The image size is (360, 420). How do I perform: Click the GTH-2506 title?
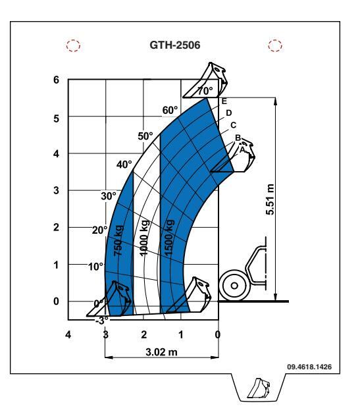click(x=175, y=45)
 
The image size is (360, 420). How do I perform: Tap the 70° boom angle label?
click(x=205, y=91)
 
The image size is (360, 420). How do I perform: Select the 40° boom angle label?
click(x=124, y=164)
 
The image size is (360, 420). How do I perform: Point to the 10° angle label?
click(x=95, y=267)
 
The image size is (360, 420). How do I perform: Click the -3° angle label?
click(x=102, y=321)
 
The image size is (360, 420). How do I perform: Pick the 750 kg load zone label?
click(x=118, y=240)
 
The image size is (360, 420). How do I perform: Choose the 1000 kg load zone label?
click(x=144, y=238)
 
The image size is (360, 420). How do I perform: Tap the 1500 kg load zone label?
click(x=169, y=238)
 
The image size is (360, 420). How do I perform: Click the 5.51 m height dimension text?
click(x=270, y=199)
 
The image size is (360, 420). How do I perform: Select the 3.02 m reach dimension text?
click(x=161, y=352)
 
